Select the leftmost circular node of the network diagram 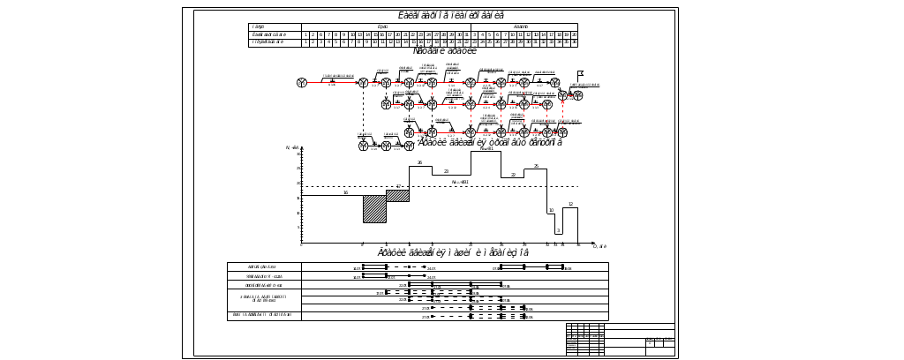point(302,82)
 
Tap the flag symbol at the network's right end point(580,73)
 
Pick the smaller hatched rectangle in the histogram point(398,195)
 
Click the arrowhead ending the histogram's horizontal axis point(593,244)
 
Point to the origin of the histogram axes point(302,244)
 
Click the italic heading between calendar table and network point(445,51)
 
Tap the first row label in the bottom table point(264,266)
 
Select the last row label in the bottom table point(264,314)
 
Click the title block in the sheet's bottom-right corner point(621,340)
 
